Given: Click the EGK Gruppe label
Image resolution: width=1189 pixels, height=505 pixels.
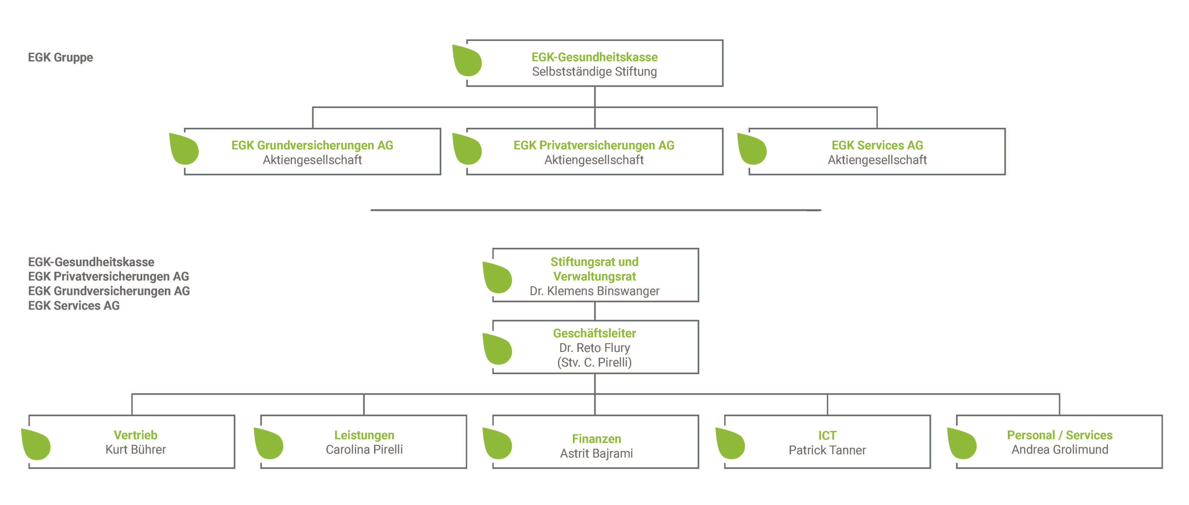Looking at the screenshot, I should click(60, 57).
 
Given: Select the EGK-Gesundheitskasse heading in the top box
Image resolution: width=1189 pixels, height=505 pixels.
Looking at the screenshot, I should click(595, 57).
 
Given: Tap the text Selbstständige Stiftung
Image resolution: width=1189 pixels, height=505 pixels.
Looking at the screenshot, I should click(595, 72).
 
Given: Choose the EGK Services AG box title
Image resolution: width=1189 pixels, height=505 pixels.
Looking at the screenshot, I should click(877, 145).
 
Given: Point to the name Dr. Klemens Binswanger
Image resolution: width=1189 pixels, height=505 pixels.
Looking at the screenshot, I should click(595, 291).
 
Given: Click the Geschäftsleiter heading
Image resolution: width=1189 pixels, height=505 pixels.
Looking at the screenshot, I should click(595, 333).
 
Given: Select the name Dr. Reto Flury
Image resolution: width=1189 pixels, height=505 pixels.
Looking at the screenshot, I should click(595, 348).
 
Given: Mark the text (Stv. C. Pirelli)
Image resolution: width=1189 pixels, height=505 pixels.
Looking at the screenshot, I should click(595, 362).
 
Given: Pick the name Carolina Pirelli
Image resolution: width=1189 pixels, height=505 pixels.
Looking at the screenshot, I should click(364, 449).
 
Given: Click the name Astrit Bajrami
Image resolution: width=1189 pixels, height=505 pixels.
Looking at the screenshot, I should click(596, 453).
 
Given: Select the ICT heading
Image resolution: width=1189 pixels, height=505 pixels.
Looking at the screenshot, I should click(827, 435).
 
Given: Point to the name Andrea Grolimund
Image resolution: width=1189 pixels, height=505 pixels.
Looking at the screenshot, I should click(1060, 449).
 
